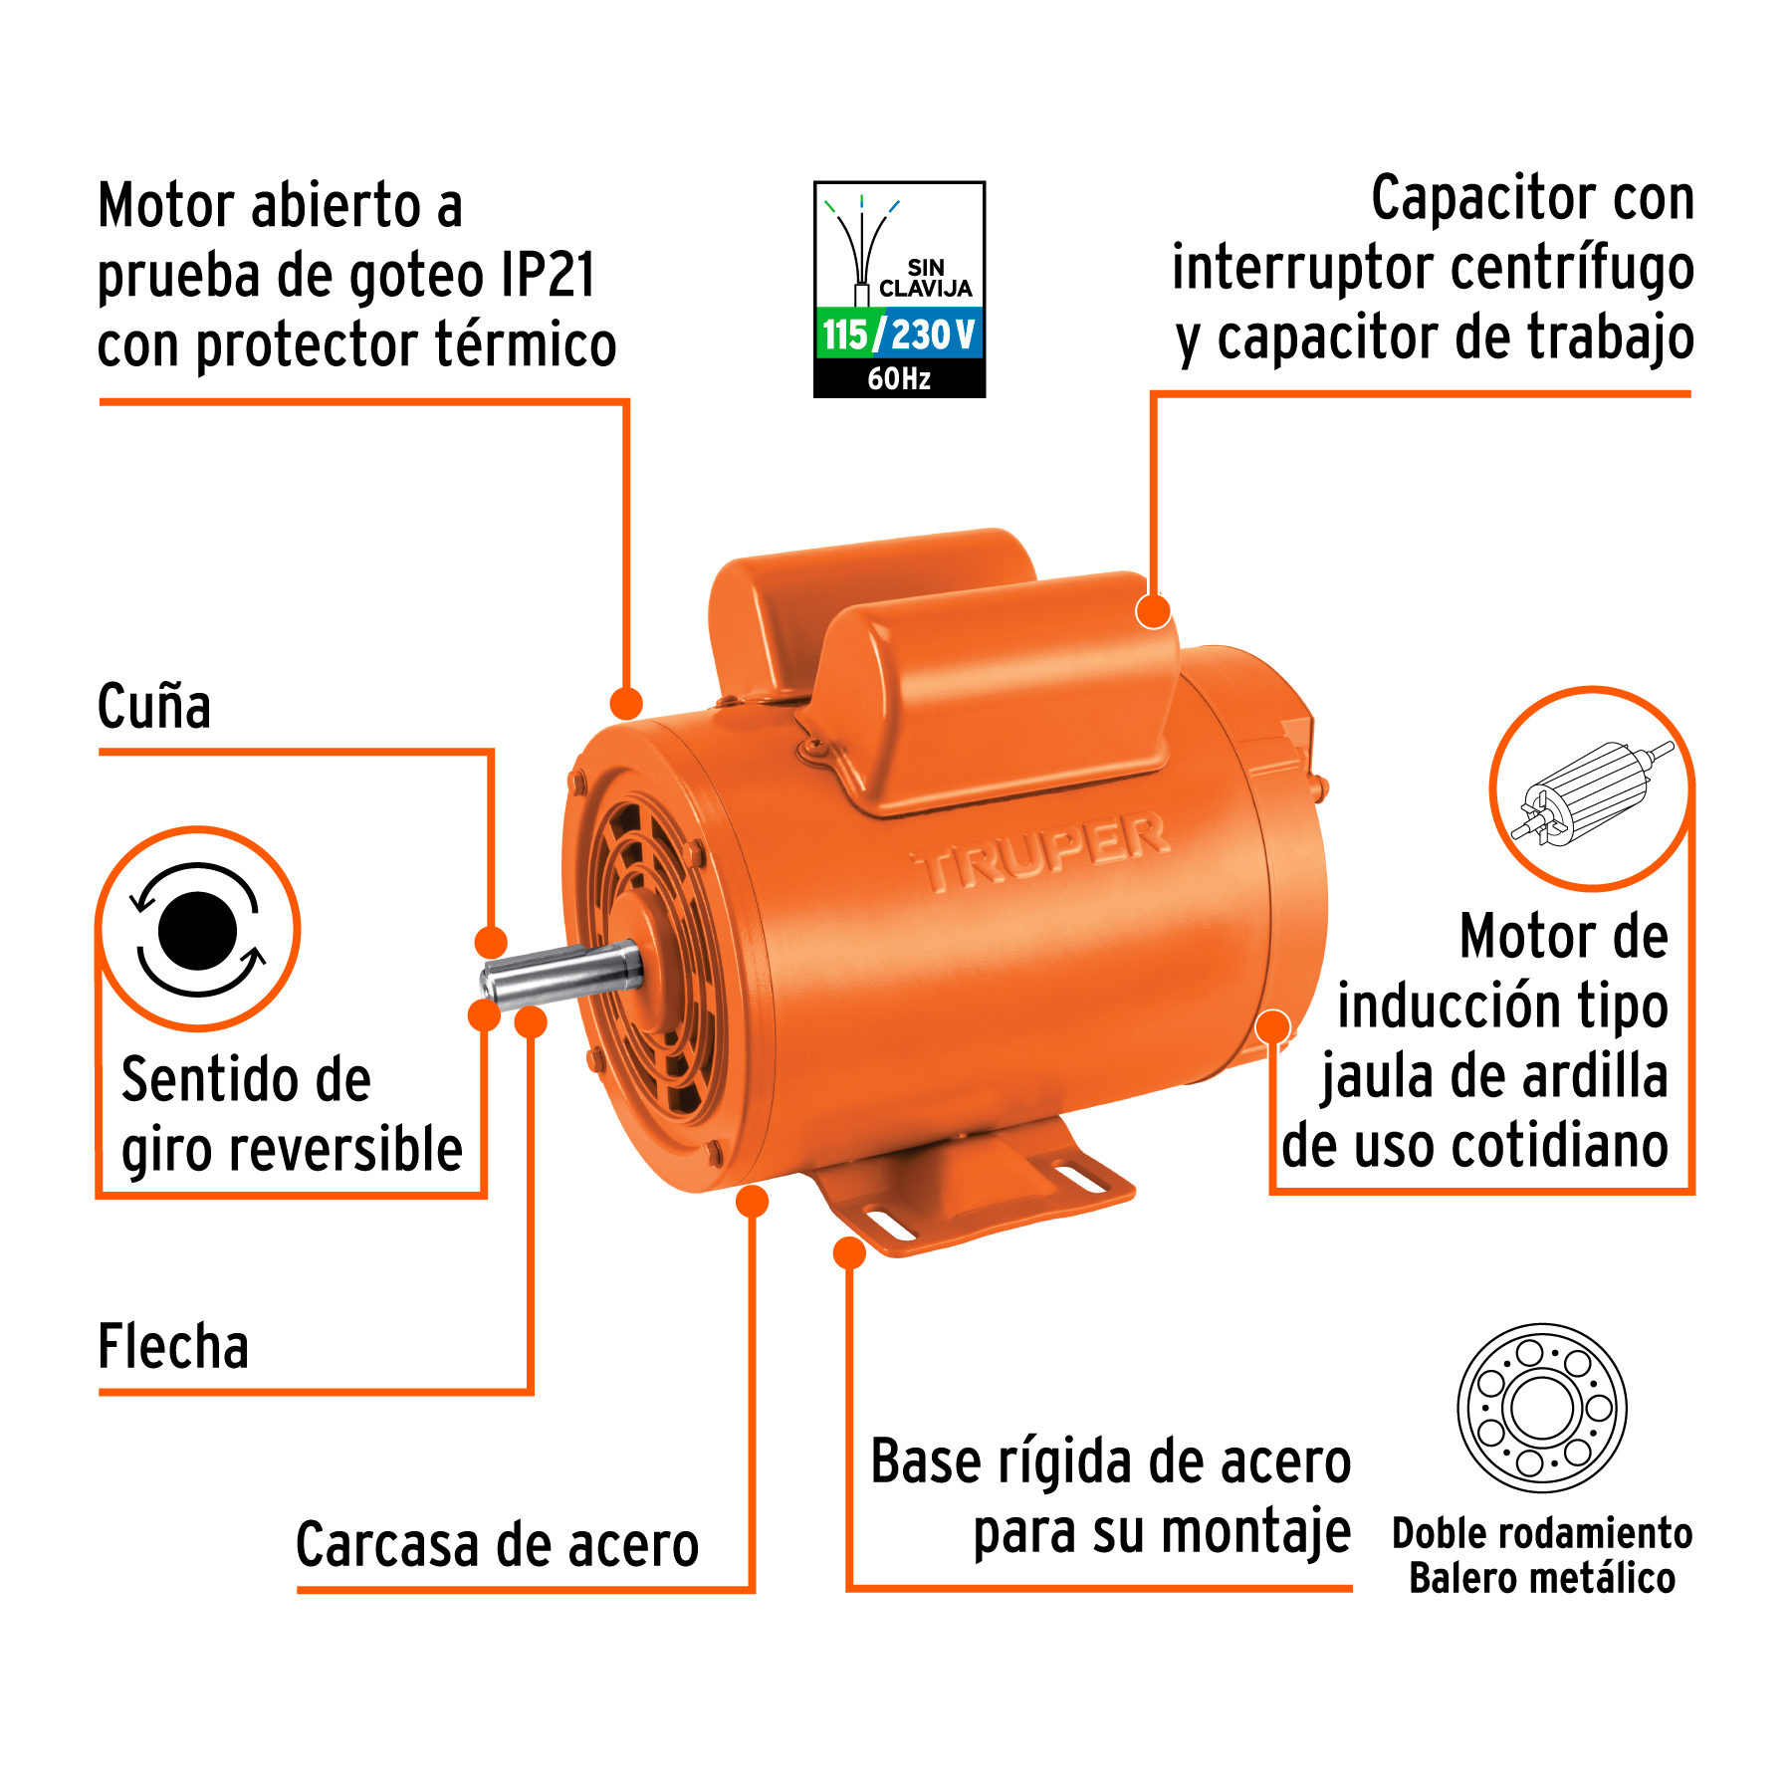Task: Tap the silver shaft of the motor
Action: click(561, 972)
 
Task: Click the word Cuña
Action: click(154, 707)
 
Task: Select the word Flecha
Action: click(173, 1346)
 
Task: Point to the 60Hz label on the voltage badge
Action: click(899, 378)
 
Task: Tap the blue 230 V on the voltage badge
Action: click(933, 335)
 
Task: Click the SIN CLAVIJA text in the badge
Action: click(925, 279)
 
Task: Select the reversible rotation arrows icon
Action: click(198, 929)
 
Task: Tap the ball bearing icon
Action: click(1541, 1408)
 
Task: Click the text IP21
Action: click(549, 275)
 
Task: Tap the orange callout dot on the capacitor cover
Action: click(1153, 611)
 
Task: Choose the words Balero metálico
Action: click(1542, 1579)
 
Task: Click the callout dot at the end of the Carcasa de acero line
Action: click(752, 1201)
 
